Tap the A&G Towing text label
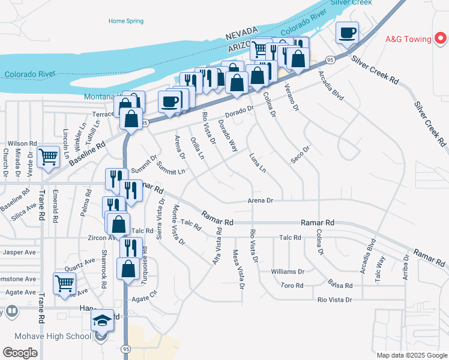click(408, 40)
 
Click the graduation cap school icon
click(102, 320)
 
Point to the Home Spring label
click(126, 21)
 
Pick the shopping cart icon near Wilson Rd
click(49, 157)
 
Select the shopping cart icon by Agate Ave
click(64, 283)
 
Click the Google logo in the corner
click(20, 353)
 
